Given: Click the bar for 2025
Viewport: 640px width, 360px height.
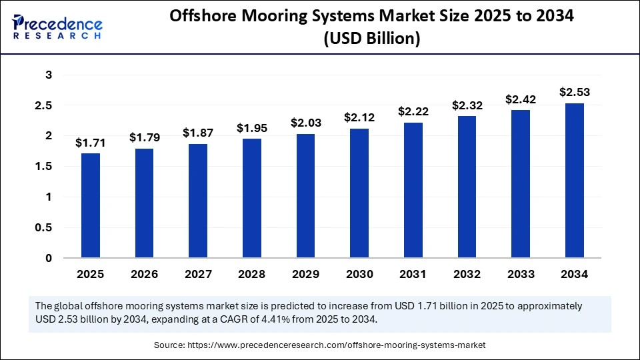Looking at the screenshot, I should click(x=91, y=205).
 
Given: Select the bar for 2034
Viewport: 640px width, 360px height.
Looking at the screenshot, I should click(x=575, y=180).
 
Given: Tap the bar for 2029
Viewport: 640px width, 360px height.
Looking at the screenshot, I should click(x=305, y=195).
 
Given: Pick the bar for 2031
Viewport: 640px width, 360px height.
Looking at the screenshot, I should click(x=413, y=190).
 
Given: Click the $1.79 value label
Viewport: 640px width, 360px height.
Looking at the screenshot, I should click(x=144, y=137).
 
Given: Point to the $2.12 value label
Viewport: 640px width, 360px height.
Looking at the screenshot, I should click(x=359, y=117).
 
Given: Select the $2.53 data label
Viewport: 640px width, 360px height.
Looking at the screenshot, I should click(x=575, y=92).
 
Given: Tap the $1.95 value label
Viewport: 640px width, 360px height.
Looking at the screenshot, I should click(x=252, y=127).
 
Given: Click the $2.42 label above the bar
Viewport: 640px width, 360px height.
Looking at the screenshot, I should click(x=521, y=99).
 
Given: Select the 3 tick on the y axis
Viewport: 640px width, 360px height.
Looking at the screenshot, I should click(x=48, y=75).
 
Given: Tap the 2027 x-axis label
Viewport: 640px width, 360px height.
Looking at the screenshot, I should click(x=198, y=274).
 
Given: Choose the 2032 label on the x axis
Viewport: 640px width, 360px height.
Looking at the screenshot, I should click(x=467, y=274).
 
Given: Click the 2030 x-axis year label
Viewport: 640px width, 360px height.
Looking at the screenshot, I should click(x=359, y=274).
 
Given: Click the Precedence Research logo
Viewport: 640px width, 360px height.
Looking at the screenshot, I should click(x=57, y=26).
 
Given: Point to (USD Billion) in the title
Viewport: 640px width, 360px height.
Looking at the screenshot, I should click(x=371, y=39).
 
